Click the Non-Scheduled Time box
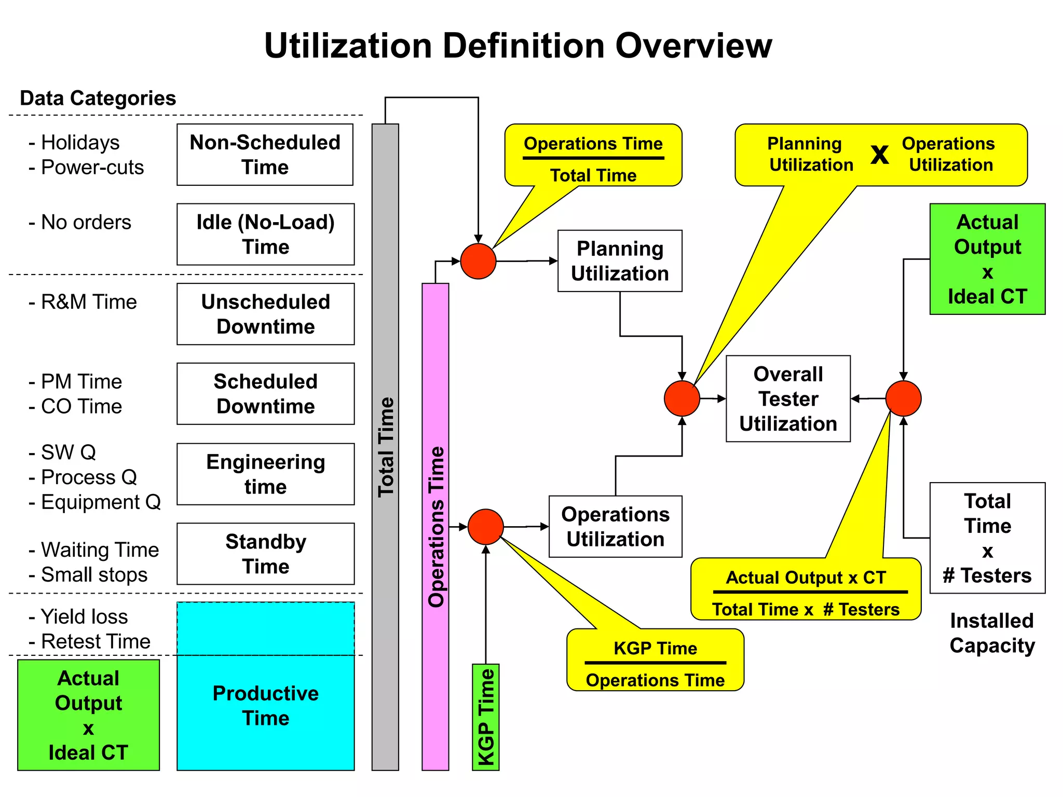coord(265,155)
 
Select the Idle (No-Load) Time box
coord(265,235)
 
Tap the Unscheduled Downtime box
coord(265,314)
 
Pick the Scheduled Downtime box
coord(265,394)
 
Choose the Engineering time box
coord(265,474)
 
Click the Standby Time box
coord(265,554)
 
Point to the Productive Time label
coord(265,705)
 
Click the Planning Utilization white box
coord(620,261)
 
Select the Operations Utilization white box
coord(615,527)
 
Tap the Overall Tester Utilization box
coord(788,398)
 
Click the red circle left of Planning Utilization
coord(478,261)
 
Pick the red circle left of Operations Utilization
coord(485,527)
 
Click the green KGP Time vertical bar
coord(485,717)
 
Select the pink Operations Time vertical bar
coord(435,527)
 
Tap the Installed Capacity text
coord(992,633)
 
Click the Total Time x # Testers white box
coord(987,538)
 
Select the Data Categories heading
coord(98,98)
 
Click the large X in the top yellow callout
coord(879,154)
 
